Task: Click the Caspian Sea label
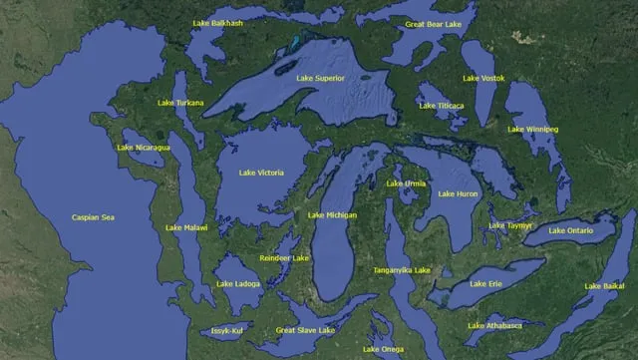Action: pyautogui.click(x=93, y=217)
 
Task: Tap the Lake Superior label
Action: pyautogui.click(x=320, y=78)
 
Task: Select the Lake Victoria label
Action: pyautogui.click(x=261, y=173)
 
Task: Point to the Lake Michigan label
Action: pyautogui.click(x=332, y=215)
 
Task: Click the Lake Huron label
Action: pyautogui.click(x=459, y=193)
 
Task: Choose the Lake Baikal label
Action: pyautogui.click(x=601, y=286)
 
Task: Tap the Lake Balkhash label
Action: pyautogui.click(x=219, y=23)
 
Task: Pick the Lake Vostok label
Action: pyautogui.click(x=483, y=78)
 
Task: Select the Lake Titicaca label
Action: pyautogui.click(x=441, y=104)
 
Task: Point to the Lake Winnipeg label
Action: pyautogui.click(x=533, y=130)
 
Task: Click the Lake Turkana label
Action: pyautogui.click(x=180, y=103)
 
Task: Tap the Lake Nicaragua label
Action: pyautogui.click(x=144, y=148)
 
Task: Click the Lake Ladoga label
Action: pyautogui.click(x=238, y=283)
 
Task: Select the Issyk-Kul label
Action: pyautogui.click(x=227, y=330)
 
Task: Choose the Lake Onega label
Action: pyautogui.click(x=383, y=349)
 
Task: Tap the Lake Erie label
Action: pyautogui.click(x=484, y=284)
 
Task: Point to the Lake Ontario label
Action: pyautogui.click(x=571, y=231)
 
